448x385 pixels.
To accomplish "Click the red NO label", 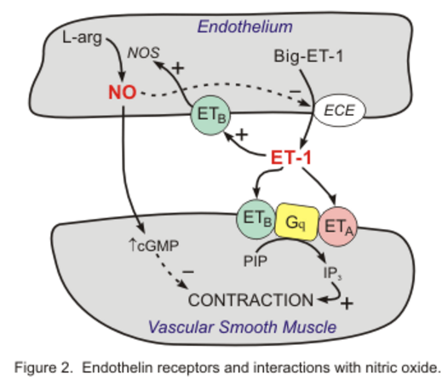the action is point(123,92).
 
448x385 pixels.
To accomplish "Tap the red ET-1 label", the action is point(290,158).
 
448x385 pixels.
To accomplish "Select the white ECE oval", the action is point(340,110).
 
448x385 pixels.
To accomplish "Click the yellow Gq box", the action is point(296,222).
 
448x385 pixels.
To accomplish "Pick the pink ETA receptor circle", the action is point(338,227).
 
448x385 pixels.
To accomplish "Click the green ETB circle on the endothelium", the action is point(210,115).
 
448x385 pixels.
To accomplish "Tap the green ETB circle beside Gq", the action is point(256,219).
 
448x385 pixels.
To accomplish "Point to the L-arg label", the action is point(82,37).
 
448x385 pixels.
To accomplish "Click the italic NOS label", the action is point(143,53).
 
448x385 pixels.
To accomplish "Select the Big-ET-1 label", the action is point(308,56).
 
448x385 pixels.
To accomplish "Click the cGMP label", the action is point(154,245).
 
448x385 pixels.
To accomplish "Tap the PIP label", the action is point(256,261).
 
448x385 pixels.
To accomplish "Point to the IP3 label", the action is point(332,273).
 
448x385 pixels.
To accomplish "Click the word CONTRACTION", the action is point(251,300).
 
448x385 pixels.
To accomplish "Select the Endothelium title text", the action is point(244,27).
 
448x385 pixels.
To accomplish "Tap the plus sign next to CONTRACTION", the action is point(347,303).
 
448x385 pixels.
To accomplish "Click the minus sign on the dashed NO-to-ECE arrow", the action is point(296,91).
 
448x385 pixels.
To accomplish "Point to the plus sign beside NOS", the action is point(178,68).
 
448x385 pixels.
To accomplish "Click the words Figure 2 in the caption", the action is point(43,367).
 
